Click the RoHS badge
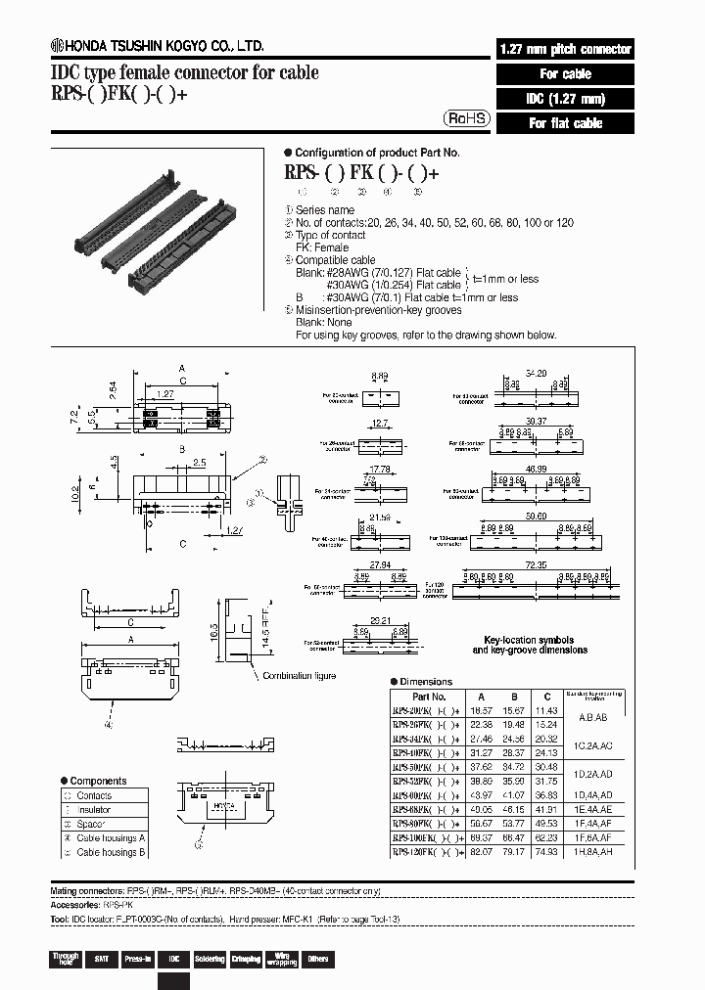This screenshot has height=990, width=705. (x=467, y=117)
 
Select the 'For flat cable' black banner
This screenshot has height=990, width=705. (x=565, y=123)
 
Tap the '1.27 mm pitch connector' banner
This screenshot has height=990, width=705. (x=565, y=49)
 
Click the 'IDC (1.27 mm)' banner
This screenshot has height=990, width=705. (x=565, y=99)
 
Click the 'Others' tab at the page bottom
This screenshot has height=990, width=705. (x=318, y=959)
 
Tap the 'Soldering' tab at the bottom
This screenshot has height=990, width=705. (x=210, y=959)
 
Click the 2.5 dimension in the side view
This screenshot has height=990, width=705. (x=199, y=462)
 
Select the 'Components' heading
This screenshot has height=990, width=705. (x=101, y=781)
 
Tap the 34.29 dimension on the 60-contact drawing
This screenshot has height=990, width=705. (x=535, y=374)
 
